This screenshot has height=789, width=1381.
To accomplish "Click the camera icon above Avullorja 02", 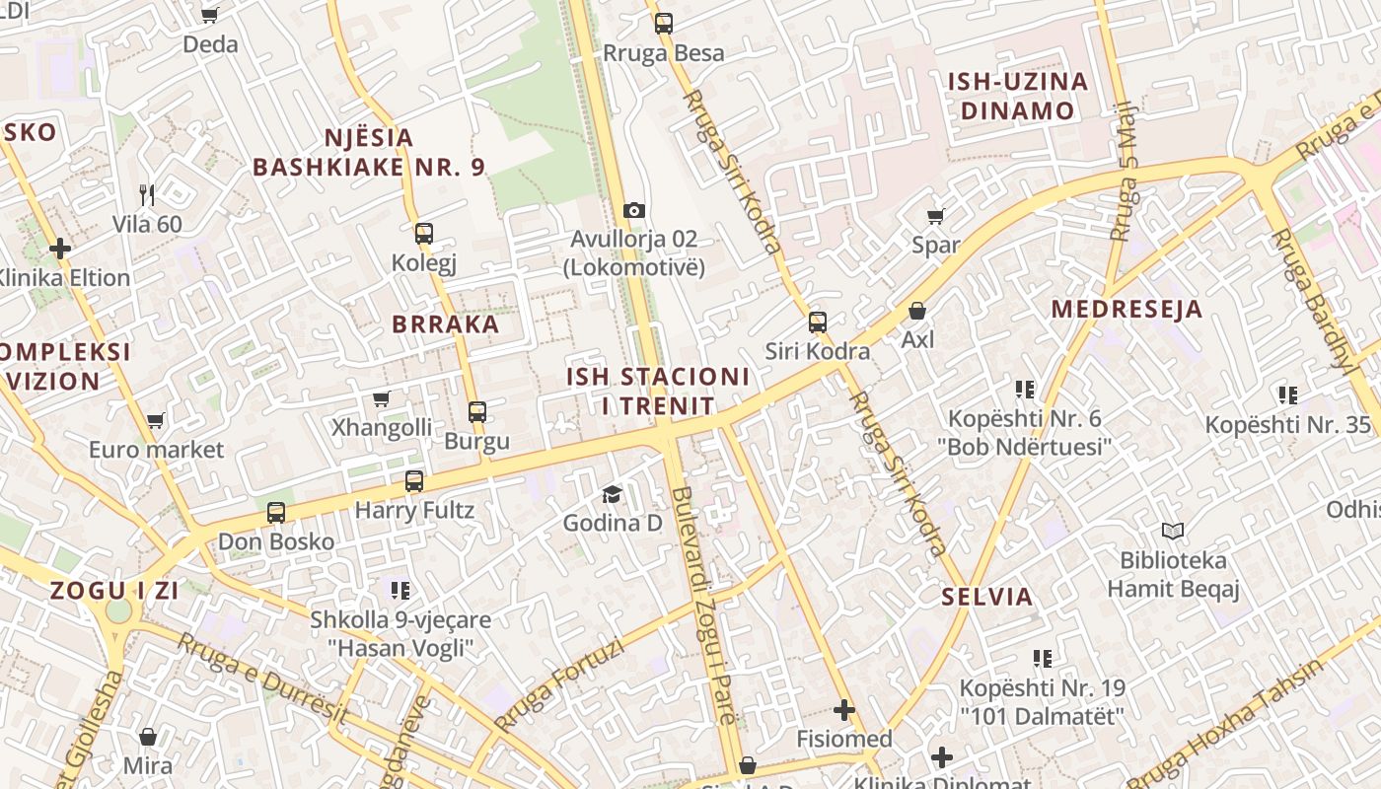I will tap(634, 210).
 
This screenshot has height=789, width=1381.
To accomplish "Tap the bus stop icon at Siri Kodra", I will tap(817, 322).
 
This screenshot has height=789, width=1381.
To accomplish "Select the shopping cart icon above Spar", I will tap(935, 216).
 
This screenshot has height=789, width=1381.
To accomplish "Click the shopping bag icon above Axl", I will tap(917, 311).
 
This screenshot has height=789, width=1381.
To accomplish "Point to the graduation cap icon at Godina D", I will tap(613, 493).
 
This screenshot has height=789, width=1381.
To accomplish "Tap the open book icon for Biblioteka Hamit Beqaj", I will tap(1173, 531).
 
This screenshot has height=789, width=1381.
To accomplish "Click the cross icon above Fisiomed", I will tap(844, 709).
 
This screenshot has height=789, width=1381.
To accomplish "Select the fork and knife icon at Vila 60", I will tap(147, 194).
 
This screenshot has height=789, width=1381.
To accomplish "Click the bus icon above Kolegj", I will tap(423, 234).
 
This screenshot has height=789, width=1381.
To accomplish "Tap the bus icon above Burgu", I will tap(477, 411).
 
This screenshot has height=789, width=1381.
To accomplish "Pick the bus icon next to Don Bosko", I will tap(276, 513).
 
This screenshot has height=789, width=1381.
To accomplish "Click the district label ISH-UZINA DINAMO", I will tap(1017, 96).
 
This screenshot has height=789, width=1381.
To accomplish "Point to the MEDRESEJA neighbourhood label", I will tap(1127, 310).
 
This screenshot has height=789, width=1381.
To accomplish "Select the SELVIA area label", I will tap(986, 597).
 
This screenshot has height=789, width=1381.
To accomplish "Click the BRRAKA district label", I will tap(446, 324).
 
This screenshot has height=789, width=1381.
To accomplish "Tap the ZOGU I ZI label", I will tap(114, 592).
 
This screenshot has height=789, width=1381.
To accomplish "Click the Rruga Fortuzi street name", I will tap(559, 686).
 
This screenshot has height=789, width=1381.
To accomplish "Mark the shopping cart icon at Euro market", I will tap(155, 421).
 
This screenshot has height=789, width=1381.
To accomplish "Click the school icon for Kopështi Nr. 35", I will tap(1287, 395).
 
